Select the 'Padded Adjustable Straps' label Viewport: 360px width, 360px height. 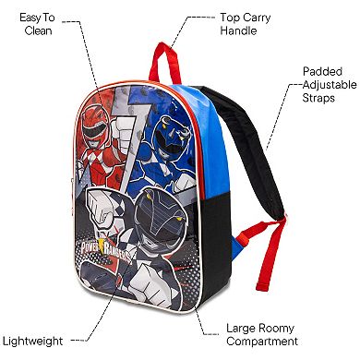tap(325, 84)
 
